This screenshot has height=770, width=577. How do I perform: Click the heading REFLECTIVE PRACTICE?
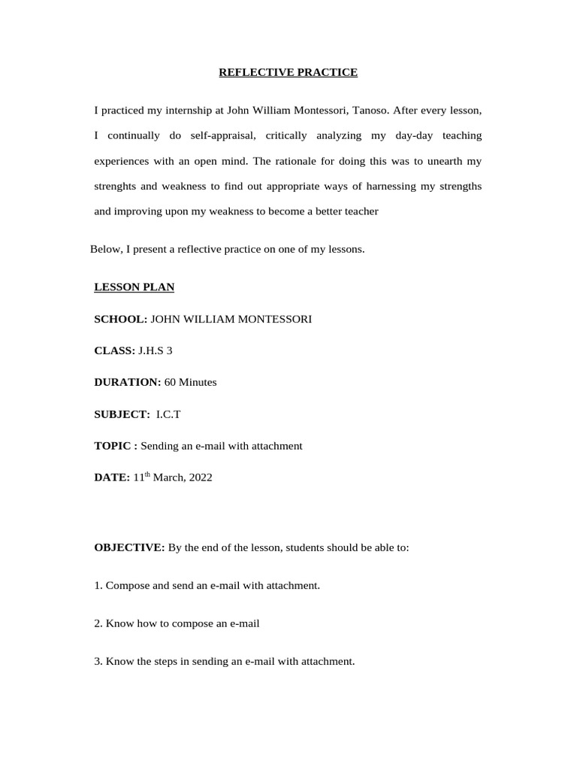[288, 72]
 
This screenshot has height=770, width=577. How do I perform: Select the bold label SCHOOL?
[120, 319]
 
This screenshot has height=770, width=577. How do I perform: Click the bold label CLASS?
[114, 350]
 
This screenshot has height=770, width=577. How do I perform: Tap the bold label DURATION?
[127, 382]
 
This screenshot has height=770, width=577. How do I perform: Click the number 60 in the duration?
[170, 382]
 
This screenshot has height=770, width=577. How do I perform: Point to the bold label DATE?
[112, 477]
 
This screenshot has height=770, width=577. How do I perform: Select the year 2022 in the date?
[199, 477]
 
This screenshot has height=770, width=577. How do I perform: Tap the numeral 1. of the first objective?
[98, 585]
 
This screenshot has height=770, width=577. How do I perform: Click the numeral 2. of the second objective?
[98, 623]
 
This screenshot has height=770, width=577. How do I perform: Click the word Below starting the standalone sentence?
[104, 249]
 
